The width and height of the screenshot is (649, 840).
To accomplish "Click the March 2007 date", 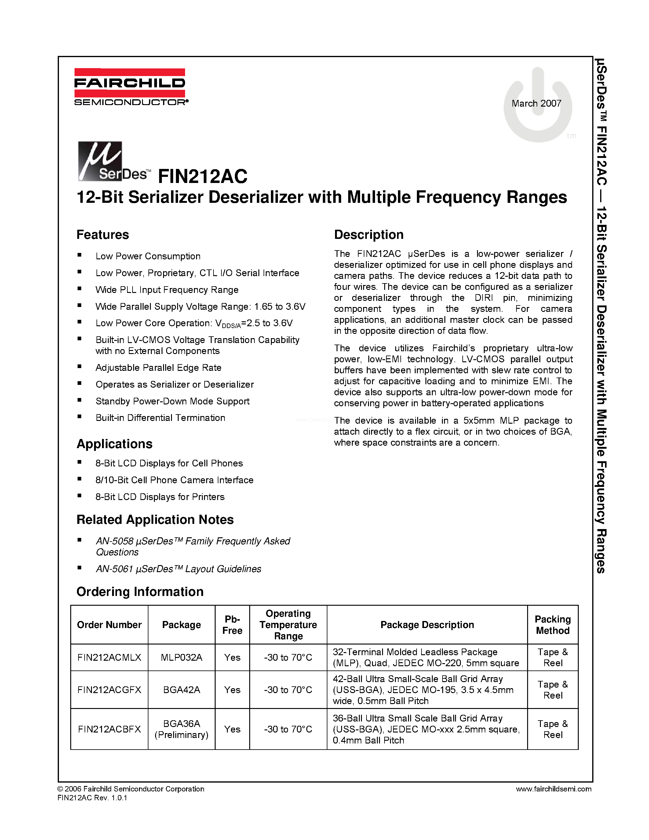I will [x=536, y=104].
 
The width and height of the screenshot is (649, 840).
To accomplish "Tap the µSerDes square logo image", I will [x=100, y=161].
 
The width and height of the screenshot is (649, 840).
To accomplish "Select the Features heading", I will [x=103, y=235].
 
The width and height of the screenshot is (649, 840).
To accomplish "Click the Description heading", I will [x=368, y=235].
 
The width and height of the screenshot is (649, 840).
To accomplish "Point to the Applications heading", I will [x=114, y=444].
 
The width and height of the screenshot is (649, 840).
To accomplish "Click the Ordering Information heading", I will [x=140, y=592].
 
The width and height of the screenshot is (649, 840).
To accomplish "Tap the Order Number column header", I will [x=109, y=625].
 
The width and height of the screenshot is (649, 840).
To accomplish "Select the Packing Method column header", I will [x=552, y=625].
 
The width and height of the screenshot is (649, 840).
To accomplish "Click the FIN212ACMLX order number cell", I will [x=109, y=657].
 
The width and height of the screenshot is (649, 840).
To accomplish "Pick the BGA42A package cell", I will [x=181, y=690].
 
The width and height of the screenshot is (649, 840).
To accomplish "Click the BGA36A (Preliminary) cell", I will [x=181, y=729].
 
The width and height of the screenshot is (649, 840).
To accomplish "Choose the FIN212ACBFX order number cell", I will [x=109, y=729].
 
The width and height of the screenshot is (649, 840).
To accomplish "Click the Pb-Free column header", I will [x=232, y=625].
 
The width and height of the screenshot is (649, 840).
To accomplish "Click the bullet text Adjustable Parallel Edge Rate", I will [x=159, y=368].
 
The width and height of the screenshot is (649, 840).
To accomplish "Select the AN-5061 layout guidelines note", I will [x=178, y=569].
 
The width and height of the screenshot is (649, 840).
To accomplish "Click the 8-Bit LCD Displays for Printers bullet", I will [x=160, y=497].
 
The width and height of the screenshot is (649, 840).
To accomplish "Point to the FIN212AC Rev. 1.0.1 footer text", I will [x=92, y=798].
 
